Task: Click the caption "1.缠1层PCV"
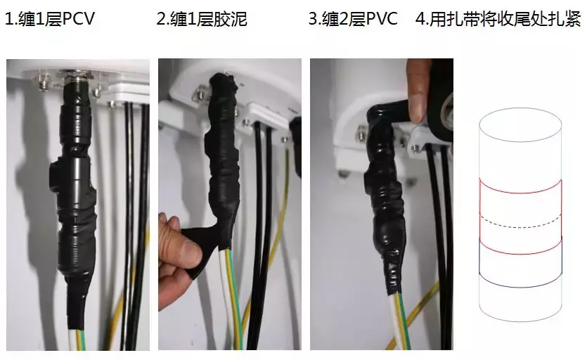[x=49, y=19]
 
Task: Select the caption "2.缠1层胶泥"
[x=201, y=19]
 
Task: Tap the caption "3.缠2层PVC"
[x=353, y=19]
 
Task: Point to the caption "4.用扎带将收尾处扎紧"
[x=498, y=19]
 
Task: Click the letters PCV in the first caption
[x=77, y=19]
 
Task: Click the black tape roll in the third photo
[x=440, y=91]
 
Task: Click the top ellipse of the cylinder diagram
[x=520, y=117]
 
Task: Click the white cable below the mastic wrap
[x=229, y=295]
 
